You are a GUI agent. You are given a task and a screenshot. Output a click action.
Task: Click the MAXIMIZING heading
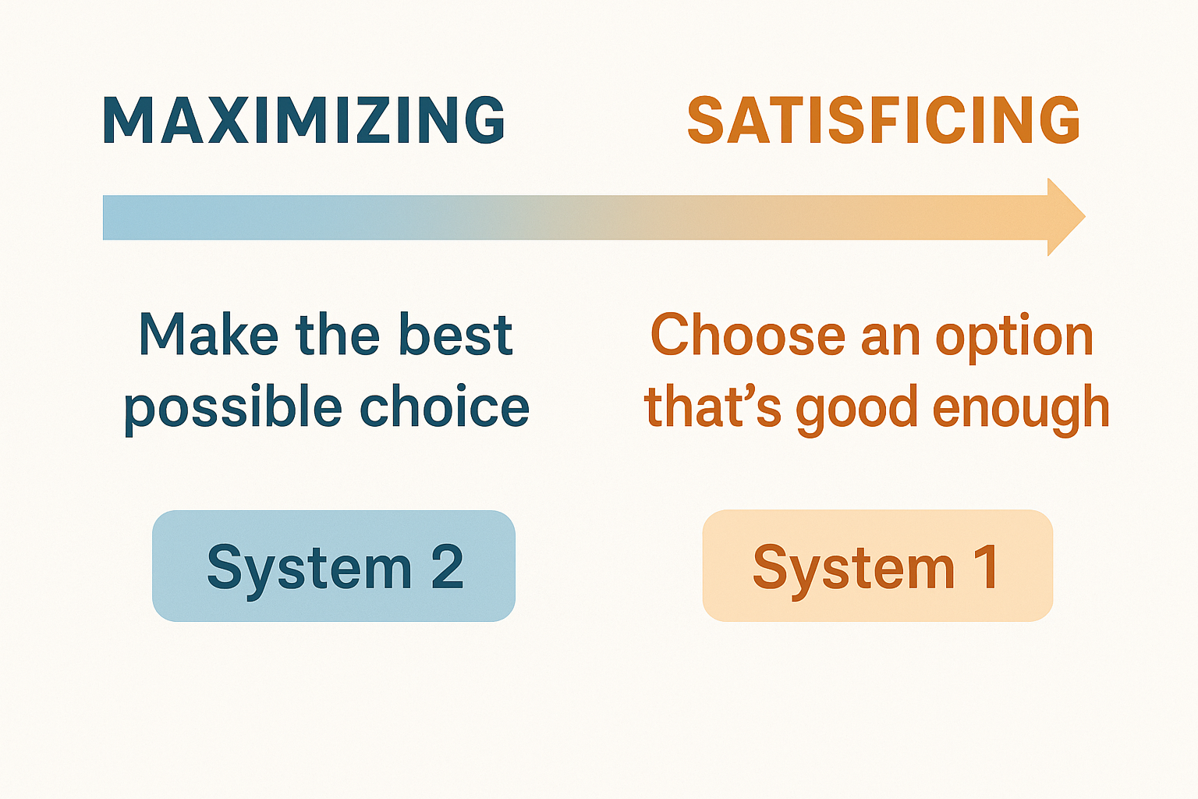[304, 121]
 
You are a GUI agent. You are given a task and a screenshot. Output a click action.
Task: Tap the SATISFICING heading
[884, 121]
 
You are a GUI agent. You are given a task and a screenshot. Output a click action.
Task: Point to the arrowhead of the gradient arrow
[1065, 217]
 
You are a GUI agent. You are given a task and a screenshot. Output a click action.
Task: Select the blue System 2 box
[334, 566]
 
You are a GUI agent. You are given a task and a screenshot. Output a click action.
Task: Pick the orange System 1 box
[877, 566]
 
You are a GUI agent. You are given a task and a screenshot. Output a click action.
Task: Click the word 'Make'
[208, 335]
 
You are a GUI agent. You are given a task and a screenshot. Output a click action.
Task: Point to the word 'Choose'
[748, 336]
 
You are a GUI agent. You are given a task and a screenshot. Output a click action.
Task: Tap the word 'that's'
[712, 408]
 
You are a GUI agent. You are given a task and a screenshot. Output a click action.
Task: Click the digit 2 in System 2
[448, 567]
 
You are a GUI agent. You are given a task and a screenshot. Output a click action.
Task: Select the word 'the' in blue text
[337, 335]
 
